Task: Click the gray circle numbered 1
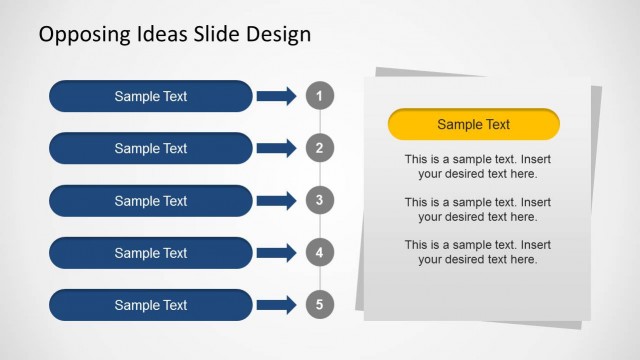[x=319, y=96]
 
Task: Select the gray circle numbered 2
[x=319, y=149]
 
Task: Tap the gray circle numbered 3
[x=319, y=201]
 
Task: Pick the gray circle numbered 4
[x=319, y=253]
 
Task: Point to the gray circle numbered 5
[x=319, y=305]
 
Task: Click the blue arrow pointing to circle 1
[x=276, y=96]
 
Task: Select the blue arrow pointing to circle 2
[x=276, y=149]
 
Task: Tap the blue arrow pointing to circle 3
[x=276, y=201]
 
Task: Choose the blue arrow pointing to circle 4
[x=276, y=253]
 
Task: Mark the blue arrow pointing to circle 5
[x=276, y=305]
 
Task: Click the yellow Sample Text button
[x=473, y=125]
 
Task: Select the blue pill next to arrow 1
[x=150, y=96]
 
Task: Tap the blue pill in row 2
[x=150, y=149]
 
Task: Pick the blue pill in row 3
[x=150, y=201]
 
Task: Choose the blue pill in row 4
[x=150, y=253]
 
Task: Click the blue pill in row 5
[x=150, y=305]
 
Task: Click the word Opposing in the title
[x=82, y=35]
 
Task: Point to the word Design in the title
[x=277, y=35]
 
